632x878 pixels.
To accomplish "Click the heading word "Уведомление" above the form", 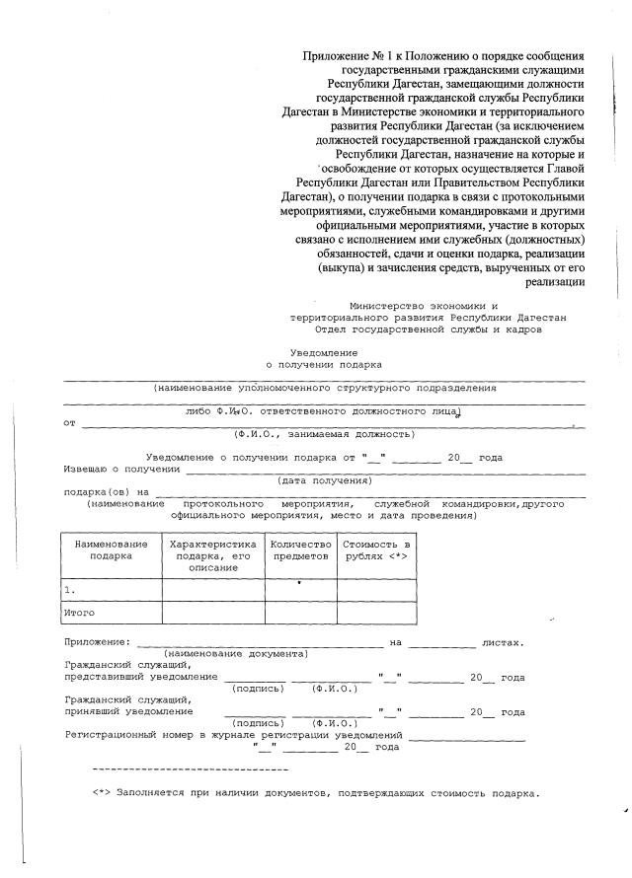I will pos(323,352).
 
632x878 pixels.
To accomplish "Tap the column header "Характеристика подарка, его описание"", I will pos(213,555).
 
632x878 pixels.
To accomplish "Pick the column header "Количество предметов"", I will pos(300,549).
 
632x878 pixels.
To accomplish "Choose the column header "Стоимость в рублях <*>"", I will pos(377,549).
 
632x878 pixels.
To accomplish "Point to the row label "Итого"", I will pos(79,613).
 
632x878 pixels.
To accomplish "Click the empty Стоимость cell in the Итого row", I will pos(377,613).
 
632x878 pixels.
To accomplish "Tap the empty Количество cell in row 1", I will pos(300,589).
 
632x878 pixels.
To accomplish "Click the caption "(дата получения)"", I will pos(324,480).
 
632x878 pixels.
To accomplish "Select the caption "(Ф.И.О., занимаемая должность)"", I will pos(324,433).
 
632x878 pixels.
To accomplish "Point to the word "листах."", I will pos(502,642).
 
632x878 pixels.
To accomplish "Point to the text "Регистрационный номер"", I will pos(126,735).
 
